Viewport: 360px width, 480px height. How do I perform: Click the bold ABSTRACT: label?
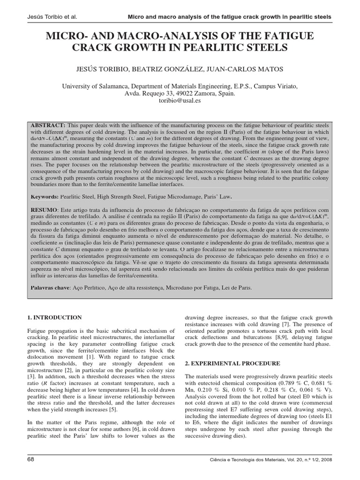48,126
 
